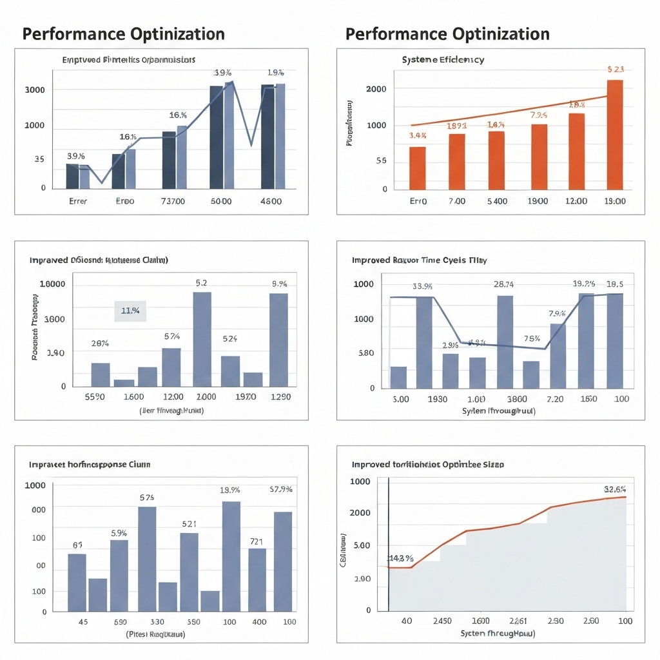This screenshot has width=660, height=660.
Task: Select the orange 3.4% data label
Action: tap(418, 135)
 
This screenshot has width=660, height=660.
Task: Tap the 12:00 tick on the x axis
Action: tap(576, 201)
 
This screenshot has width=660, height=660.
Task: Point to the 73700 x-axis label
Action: tap(172, 201)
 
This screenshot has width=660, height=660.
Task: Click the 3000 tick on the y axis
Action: tap(35, 90)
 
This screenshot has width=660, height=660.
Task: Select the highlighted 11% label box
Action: tap(130, 311)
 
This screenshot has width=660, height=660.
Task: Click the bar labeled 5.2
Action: tap(202, 339)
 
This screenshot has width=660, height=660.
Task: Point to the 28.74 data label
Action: tap(503, 284)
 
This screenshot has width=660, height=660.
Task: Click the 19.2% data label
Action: tap(585, 284)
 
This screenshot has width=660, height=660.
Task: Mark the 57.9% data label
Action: tap(281, 489)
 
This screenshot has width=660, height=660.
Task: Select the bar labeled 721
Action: tap(257, 579)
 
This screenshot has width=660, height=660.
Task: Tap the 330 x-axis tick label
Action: tap(157, 622)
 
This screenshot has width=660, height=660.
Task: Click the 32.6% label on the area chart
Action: tap(615, 489)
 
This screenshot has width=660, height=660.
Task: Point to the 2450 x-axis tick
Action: tap(442, 621)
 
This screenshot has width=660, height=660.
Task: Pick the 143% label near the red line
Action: tap(400, 558)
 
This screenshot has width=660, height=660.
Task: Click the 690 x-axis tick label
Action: tap(120, 622)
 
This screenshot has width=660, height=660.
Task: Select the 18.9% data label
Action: tap(229, 490)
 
